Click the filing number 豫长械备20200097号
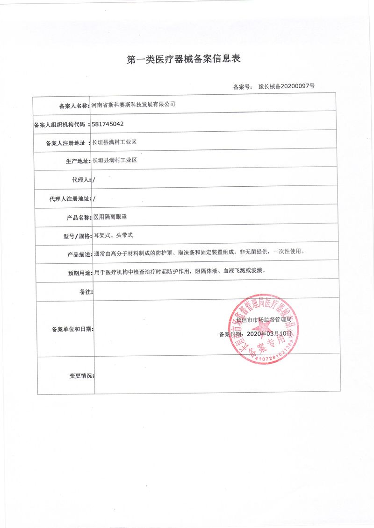coord(286,87)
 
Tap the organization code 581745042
coord(108,125)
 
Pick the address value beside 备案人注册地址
coord(114,142)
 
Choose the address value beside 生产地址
coord(114,160)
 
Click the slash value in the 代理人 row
coord(94,179)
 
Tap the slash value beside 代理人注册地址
coord(94,198)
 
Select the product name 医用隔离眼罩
coord(110,217)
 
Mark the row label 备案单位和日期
coord(71,329)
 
